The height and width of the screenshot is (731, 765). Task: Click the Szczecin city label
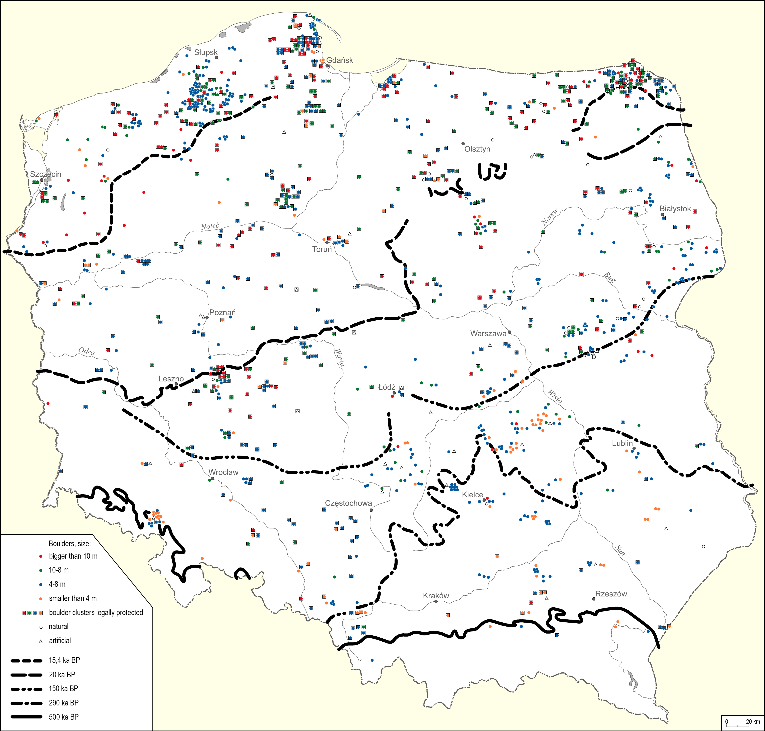46,174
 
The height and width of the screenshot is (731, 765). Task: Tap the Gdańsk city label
340,60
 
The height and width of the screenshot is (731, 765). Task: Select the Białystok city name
675,208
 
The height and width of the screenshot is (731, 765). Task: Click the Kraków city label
436,595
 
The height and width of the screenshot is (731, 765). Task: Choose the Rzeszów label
611,594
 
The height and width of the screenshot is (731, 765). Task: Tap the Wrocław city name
223,472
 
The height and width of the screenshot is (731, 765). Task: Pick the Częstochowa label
348,503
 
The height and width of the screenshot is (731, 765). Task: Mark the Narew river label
550,217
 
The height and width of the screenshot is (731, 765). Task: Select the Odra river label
86,351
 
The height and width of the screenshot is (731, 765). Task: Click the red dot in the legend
41,556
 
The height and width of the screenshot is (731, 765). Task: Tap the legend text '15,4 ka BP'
64,660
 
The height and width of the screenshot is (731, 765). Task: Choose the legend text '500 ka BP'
63,717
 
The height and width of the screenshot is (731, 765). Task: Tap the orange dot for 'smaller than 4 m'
41,598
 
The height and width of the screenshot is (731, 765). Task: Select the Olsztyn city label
477,149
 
